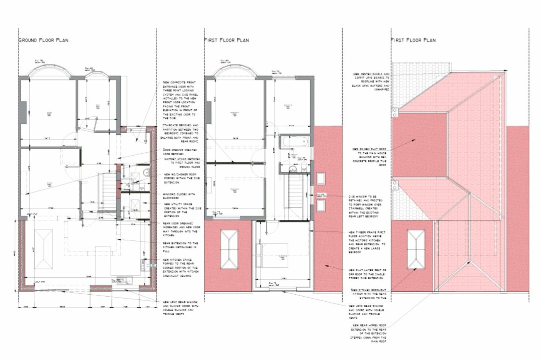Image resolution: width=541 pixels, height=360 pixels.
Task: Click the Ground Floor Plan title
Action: click(44, 40)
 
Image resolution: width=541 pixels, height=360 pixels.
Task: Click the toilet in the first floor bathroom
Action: click(304, 166)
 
